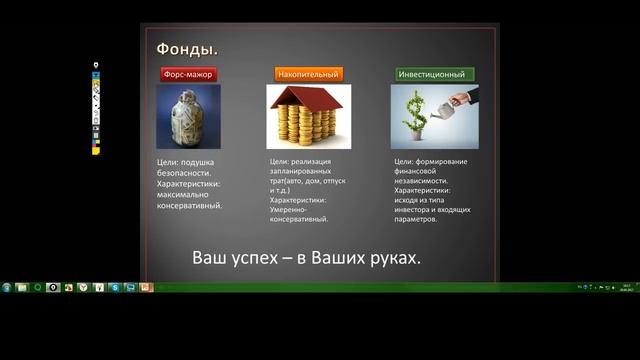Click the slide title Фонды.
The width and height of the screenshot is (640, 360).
(187, 49)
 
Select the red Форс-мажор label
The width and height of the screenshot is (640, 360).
(189, 74)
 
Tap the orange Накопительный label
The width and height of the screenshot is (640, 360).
(308, 74)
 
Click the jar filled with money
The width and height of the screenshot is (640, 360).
(188, 116)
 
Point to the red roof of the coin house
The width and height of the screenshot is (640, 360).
(308, 99)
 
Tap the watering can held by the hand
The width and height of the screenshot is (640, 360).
(459, 100)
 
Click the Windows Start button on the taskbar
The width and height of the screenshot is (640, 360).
(7, 288)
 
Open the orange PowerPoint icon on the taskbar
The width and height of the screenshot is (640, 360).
(146, 288)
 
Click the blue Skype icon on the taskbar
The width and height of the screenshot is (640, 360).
(116, 288)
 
